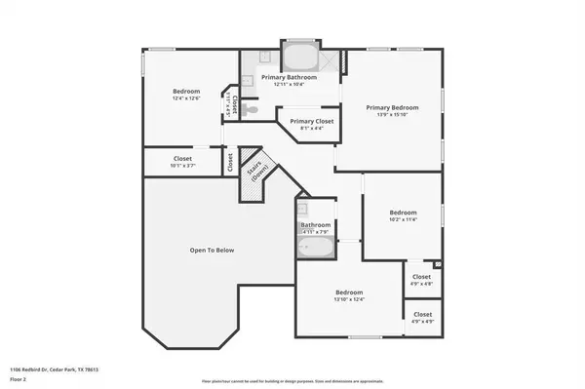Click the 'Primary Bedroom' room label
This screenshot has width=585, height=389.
(392, 107)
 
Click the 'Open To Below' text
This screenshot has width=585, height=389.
(213, 251)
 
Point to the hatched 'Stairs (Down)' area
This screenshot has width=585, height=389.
(257, 173)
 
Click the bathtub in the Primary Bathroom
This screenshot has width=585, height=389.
(296, 53)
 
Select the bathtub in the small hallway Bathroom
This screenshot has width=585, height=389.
(316, 249)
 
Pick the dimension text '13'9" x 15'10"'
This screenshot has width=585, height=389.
(392, 116)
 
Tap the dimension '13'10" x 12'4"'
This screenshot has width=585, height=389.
(349, 299)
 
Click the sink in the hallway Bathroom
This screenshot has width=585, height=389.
(303, 209)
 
